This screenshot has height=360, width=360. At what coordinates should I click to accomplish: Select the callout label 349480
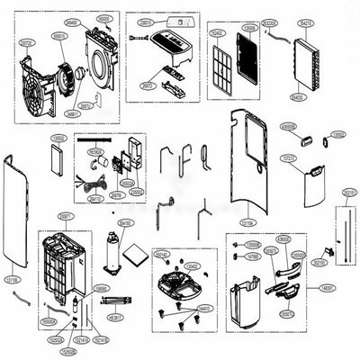[72, 22]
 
